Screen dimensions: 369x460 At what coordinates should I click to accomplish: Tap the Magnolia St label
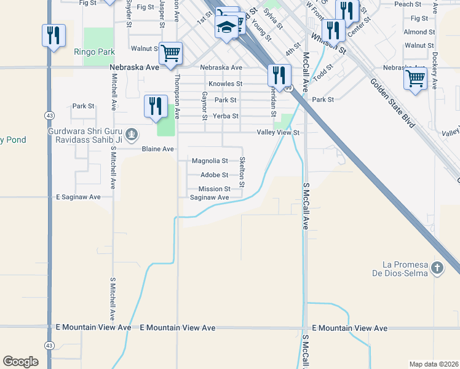click(210, 161)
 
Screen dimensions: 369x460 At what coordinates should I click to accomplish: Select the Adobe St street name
click(215, 175)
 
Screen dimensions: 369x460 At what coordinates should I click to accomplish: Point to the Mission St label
click(214, 189)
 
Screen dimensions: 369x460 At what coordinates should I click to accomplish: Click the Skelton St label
click(242, 172)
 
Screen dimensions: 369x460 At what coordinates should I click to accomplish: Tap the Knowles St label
click(225, 84)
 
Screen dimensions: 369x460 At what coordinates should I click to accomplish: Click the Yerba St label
click(226, 116)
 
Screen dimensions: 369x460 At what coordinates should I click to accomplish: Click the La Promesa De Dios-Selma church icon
click(437, 268)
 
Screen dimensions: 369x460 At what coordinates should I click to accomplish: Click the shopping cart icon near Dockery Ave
click(416, 79)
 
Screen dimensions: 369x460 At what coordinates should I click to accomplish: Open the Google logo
click(20, 362)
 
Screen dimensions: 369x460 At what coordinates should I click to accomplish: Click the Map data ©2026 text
click(434, 364)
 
